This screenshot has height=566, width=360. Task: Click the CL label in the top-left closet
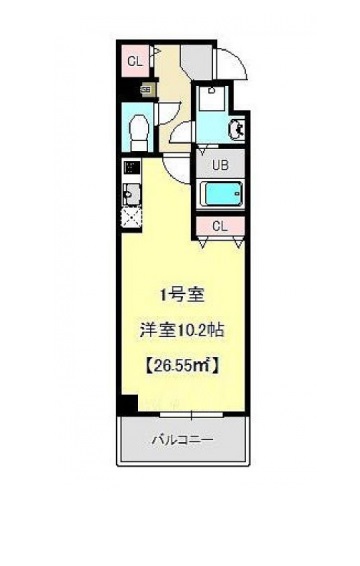point(132,61)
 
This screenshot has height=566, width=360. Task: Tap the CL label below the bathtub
point(220,226)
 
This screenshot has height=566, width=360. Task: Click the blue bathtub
point(220,194)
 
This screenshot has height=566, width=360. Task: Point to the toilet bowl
point(138,127)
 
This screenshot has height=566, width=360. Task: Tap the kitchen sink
point(130,192)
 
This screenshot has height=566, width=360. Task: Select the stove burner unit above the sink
point(130,169)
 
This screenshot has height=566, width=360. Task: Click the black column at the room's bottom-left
point(126,404)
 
